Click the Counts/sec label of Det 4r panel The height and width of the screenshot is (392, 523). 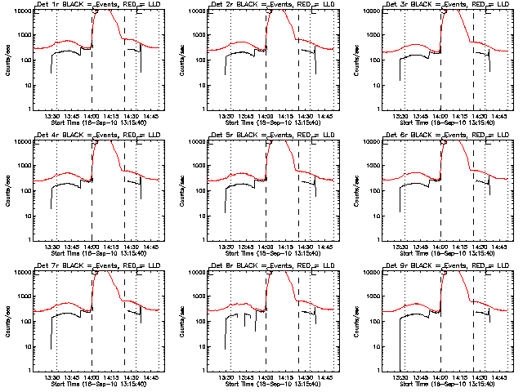pyautogui.click(x=7, y=190)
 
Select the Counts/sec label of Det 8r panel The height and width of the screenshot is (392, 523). pyautogui.click(x=181, y=321)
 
